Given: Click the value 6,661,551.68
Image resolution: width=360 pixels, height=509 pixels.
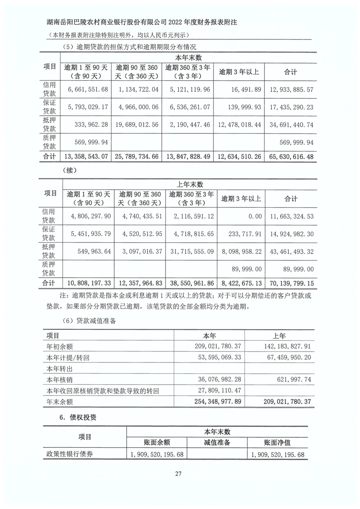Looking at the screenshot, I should coord(88,89).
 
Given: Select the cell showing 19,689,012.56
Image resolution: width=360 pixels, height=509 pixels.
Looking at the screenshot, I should coord(137,124).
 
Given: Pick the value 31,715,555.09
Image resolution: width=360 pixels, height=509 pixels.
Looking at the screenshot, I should coord(190,251).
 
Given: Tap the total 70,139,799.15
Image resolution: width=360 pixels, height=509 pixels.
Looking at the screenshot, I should coord(289,284).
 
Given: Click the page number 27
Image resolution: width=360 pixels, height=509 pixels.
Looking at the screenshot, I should coord(178,474).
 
